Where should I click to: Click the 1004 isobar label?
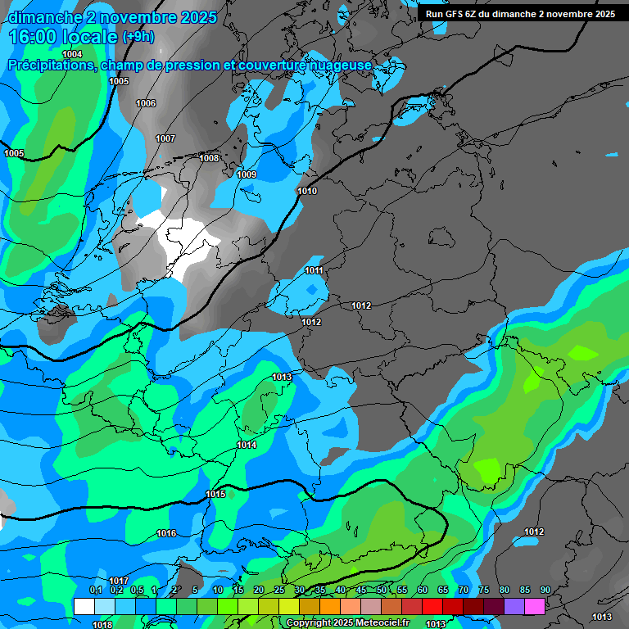72,54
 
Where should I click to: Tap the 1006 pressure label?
146,103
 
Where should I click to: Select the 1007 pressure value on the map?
165,138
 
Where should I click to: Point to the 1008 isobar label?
209,158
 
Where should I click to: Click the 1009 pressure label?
247,174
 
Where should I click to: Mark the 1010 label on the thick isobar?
307,191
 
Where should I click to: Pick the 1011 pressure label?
314,270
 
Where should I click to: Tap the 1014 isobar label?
247,445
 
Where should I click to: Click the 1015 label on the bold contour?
215,494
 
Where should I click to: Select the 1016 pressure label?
166,533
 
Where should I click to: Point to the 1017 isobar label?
119,581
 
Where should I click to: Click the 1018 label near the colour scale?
102,625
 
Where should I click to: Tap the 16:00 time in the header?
35,37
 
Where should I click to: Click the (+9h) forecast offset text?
138,37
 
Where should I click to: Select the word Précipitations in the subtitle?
48,65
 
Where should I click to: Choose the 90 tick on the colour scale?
545,590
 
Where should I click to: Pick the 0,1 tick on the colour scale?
95,590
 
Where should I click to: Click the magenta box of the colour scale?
535,606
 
